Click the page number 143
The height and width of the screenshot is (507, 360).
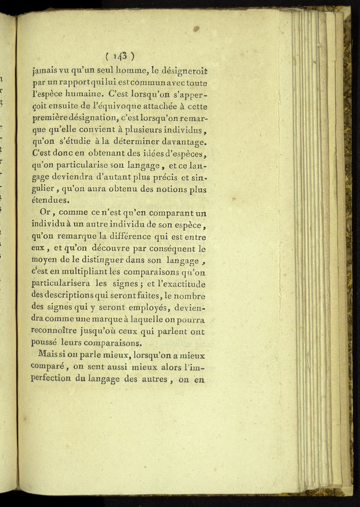(x=120, y=56)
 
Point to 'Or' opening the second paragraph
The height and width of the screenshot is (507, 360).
(x=47, y=213)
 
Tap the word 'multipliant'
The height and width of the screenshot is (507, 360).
(x=73, y=272)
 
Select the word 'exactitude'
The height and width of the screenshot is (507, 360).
(x=184, y=284)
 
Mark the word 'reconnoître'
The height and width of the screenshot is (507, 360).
(x=59, y=332)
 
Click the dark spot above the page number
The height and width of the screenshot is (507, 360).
(x=196, y=28)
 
